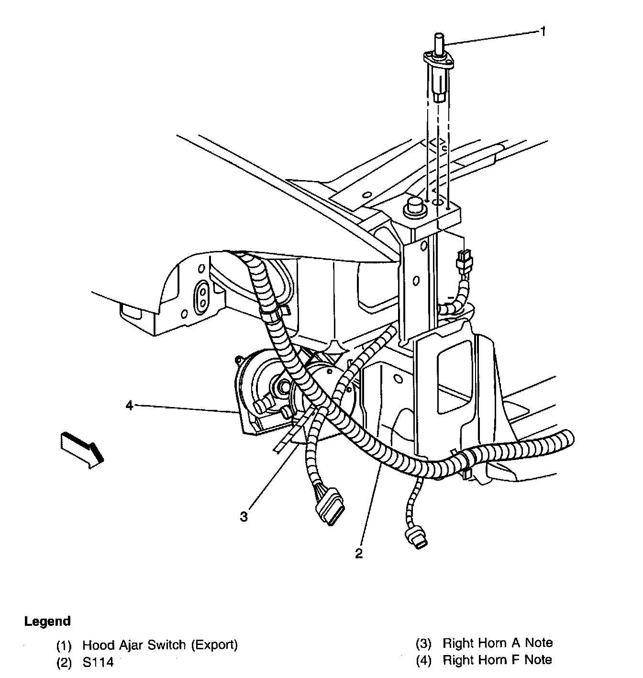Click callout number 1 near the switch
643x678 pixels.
543,32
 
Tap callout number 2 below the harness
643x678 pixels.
359,554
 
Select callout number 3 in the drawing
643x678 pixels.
244,517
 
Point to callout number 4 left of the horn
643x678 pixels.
129,406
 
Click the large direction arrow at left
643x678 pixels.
81,448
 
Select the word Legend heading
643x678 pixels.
47,621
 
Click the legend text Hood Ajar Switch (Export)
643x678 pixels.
160,644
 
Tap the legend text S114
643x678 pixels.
98,663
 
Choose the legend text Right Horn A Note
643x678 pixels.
498,643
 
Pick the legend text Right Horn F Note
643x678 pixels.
497,660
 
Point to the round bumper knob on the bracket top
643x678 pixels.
413,207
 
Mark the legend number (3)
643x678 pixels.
423,644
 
